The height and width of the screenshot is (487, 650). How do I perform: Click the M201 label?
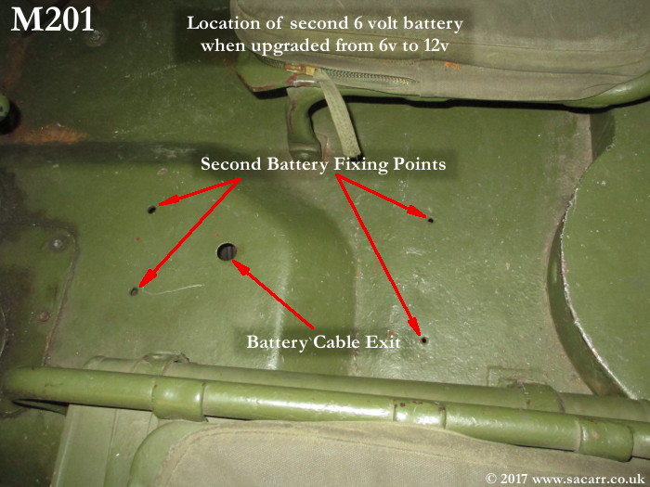[52, 19]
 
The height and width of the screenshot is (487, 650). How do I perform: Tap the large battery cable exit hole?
[227, 251]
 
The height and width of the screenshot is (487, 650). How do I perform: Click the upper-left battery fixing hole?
[152, 210]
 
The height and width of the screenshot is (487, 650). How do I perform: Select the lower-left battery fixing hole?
[134, 291]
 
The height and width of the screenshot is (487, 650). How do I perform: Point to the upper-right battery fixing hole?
[430, 221]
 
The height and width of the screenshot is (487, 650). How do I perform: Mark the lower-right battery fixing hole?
[423, 340]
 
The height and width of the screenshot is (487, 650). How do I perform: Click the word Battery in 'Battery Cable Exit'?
[277, 343]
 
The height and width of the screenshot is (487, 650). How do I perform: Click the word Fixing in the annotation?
[361, 165]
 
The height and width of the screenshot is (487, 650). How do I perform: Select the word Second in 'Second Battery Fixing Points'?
[231, 164]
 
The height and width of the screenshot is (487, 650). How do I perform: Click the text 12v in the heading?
[436, 45]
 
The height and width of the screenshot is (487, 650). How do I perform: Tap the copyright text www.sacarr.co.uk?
[588, 479]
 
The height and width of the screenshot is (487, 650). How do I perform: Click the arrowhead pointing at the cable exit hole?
[240, 267]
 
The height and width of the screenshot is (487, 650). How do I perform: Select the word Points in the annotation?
[420, 164]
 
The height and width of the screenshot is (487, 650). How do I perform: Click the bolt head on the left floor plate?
[58, 243]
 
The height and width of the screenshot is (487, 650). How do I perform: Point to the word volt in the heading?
[382, 23]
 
